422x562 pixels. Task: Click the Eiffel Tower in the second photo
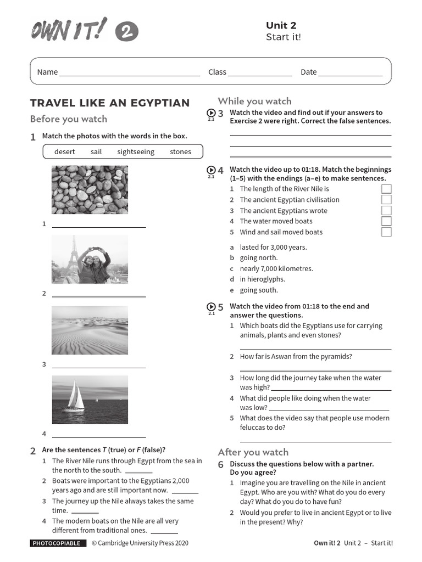pos(73,255)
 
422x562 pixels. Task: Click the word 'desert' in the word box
pos(65,151)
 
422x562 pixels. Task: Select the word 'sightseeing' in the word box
pos(136,151)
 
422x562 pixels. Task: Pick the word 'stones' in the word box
pos(180,151)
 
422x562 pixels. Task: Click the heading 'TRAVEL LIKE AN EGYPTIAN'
pos(110,103)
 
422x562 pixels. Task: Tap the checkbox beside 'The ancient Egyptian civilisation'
pos(386,200)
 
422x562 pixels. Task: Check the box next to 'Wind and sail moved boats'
pos(386,232)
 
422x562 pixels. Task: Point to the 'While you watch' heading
pos(254,101)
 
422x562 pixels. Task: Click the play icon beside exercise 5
pos(211,307)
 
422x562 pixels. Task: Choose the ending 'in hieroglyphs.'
pos(262,279)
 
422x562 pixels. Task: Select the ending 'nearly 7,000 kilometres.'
pos(276,268)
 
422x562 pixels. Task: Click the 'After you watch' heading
pos(253,452)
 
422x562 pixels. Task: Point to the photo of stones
pos(90,189)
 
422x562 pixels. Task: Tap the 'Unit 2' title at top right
pos(281,25)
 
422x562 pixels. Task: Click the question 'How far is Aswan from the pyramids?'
pos(296,357)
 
